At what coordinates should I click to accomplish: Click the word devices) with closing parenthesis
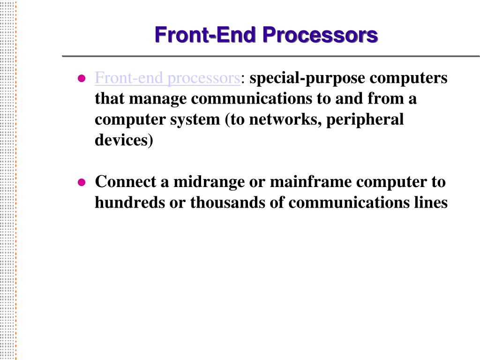point(124,140)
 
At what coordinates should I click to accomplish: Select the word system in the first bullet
point(199,120)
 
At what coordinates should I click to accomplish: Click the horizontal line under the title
point(271,56)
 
